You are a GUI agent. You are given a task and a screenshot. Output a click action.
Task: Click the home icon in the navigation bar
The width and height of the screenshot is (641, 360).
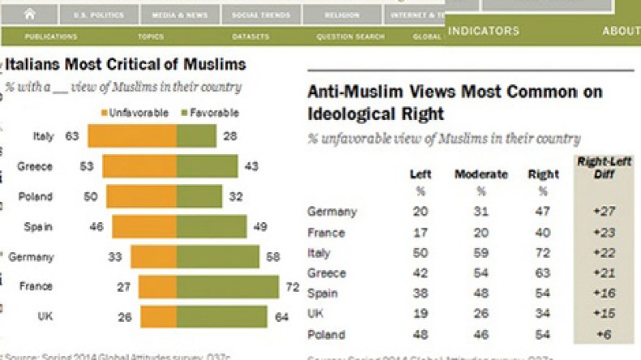point(31,14)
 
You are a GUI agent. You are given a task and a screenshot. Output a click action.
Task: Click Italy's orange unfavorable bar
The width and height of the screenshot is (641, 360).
point(132,136)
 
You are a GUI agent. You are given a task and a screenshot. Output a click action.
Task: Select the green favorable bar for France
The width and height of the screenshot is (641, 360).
point(228,287)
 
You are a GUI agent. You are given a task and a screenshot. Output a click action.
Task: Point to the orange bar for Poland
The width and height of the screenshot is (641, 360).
point(141,196)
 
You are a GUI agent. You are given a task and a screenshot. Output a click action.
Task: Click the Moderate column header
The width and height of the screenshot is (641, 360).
point(481,174)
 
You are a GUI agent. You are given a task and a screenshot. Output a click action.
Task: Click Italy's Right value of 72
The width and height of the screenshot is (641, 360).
point(543,253)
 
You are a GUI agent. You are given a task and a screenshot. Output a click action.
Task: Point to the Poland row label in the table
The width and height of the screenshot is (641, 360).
point(326,334)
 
